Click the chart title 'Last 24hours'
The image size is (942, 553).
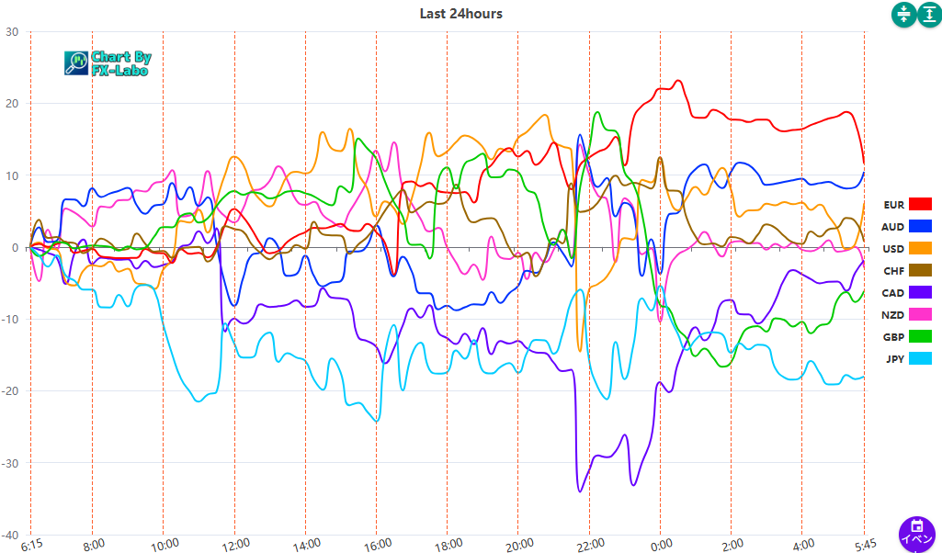click(x=460, y=13)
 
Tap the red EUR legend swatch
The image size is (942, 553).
click(x=920, y=204)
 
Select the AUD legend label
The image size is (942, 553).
click(x=892, y=226)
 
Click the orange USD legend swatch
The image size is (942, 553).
click(x=920, y=248)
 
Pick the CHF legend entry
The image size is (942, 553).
click(x=893, y=270)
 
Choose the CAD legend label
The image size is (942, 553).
click(x=893, y=292)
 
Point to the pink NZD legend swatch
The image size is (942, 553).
click(x=920, y=314)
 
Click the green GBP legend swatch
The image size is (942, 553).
click(x=920, y=336)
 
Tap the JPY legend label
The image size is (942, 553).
click(x=894, y=358)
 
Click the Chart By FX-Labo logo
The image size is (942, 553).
click(x=108, y=62)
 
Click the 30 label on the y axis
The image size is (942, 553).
click(x=13, y=31)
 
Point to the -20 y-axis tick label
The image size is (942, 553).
click(x=11, y=391)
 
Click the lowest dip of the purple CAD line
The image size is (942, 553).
click(x=579, y=491)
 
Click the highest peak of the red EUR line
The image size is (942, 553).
click(x=678, y=81)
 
